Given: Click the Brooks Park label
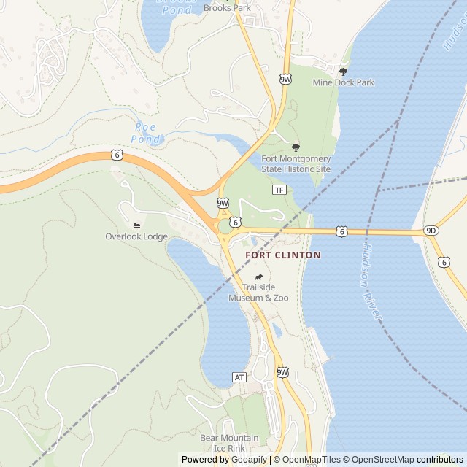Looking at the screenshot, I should [x=227, y=8].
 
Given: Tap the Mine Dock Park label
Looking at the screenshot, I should [x=343, y=82].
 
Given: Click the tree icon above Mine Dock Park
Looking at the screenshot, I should [x=343, y=71].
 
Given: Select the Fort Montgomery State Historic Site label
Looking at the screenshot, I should [x=296, y=163].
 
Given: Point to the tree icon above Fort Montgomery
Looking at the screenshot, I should [x=296, y=147].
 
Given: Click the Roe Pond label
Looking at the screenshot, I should [x=147, y=132].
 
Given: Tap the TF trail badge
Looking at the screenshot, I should [x=279, y=190].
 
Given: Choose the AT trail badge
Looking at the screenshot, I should [x=239, y=377].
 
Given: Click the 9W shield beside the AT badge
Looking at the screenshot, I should [x=282, y=372].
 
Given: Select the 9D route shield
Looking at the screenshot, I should [x=431, y=231].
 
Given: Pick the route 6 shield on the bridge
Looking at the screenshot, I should [x=341, y=231].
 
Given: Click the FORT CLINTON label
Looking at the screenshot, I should [x=283, y=255].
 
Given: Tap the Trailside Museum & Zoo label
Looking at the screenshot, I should [x=258, y=293].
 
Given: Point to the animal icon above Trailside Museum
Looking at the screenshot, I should [x=258, y=277].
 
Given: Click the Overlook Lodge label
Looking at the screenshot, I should [x=136, y=236].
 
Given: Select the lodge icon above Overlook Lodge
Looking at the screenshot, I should [x=136, y=225].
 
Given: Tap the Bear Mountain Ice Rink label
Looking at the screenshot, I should [x=229, y=443].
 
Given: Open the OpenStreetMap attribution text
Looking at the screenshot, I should [x=379, y=460].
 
